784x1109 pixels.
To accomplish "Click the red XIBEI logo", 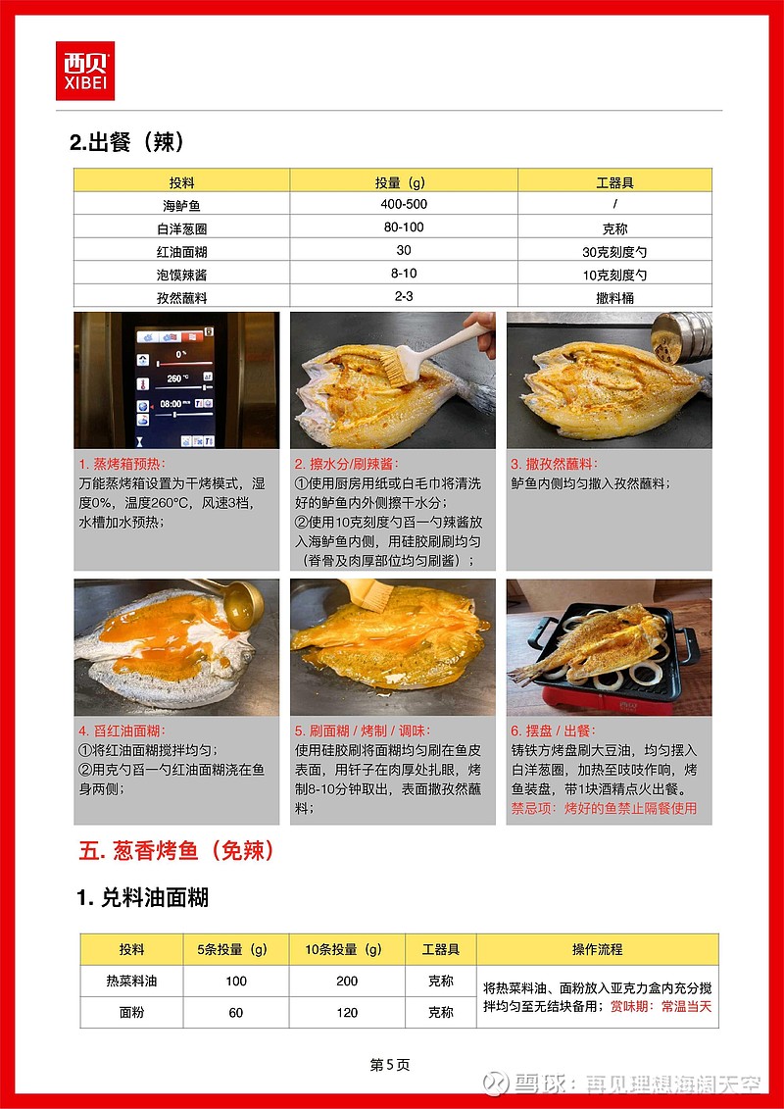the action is coord(85,70).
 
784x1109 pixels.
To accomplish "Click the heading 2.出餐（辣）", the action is coord(127,143).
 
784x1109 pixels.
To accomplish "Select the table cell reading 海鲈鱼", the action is coord(181,206).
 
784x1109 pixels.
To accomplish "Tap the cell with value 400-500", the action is coord(404,204).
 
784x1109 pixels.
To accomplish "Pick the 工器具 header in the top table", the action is coord(614,182).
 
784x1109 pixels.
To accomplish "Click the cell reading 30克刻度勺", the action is coord(614,251).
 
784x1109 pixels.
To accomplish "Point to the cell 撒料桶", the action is coord(614,297).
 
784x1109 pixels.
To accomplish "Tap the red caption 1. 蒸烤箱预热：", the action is coord(122,465).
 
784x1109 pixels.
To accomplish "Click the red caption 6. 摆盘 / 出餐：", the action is coord(554,731).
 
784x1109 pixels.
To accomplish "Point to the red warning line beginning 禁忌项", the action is coord(604,808).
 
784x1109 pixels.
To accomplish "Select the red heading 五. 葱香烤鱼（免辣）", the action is coord(176,851).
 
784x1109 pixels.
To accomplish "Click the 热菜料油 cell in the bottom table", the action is coord(131,981).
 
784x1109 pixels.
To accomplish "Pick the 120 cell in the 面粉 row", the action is coord(347,1013).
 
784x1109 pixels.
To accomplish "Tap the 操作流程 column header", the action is coord(598,949).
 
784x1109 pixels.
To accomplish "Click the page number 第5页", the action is coord(389,1065).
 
